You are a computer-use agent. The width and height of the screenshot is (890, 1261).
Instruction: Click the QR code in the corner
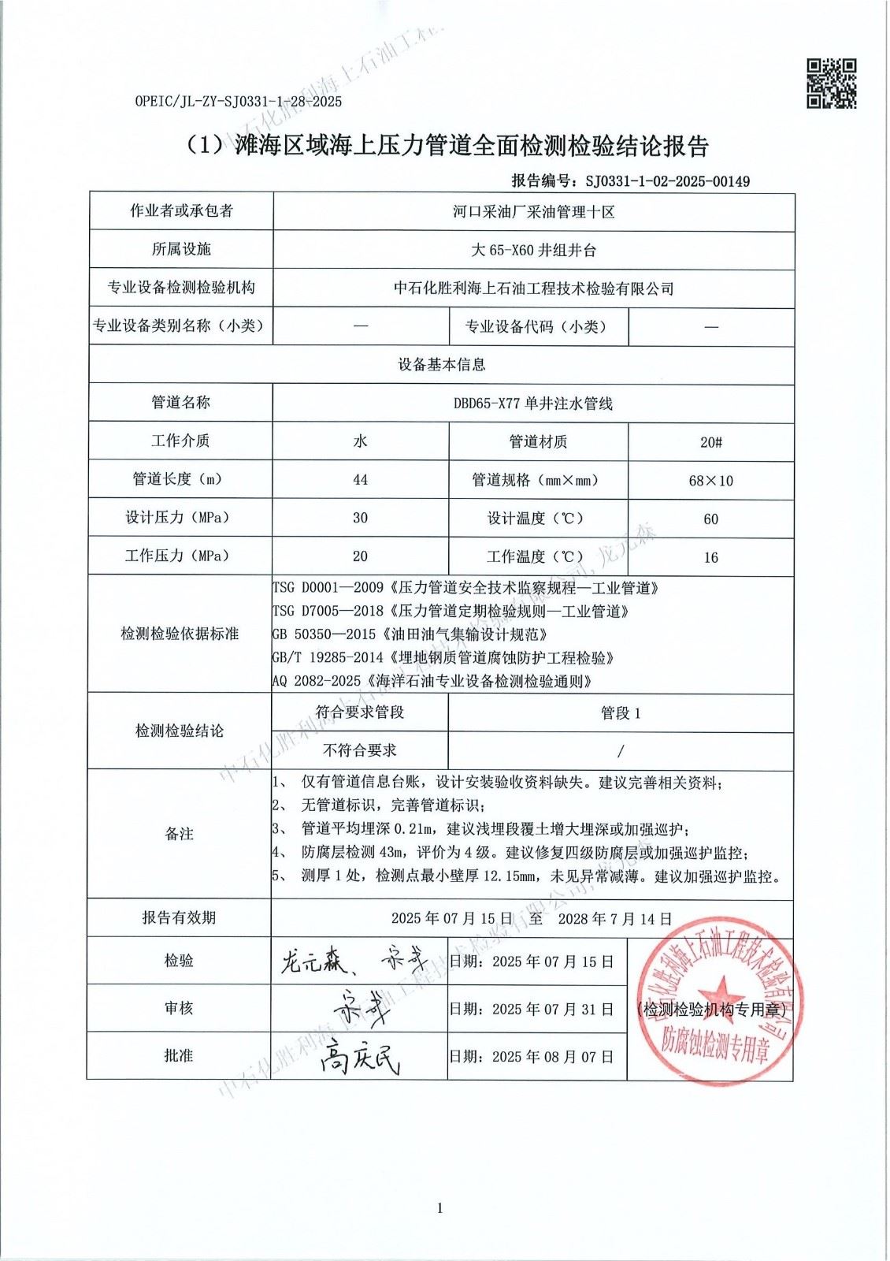point(832,83)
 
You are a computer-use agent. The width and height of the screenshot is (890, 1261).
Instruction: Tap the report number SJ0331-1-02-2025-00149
point(668,181)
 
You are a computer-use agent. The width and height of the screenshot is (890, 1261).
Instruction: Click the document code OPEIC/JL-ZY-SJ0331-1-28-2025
point(239,102)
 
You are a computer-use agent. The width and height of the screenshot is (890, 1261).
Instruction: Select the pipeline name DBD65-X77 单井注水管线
point(532,404)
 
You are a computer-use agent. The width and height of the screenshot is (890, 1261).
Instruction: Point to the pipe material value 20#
point(710,442)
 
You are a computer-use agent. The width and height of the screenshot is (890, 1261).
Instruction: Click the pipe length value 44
point(360,480)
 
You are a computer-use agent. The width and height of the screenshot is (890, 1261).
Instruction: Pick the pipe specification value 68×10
point(710,481)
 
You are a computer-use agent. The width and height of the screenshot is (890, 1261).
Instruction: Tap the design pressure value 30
point(360,519)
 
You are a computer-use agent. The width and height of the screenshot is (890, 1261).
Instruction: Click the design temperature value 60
point(710,519)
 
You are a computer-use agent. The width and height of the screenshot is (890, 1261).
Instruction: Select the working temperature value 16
point(710,558)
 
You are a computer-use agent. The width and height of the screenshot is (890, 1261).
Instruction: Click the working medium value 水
point(360,441)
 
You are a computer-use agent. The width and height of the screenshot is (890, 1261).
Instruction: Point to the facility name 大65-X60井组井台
point(533,251)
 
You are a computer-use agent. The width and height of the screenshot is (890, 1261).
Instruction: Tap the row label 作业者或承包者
point(181,211)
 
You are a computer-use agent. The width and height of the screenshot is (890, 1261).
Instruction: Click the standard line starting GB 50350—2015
point(410,634)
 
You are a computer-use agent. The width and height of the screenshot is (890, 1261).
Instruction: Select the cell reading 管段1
point(621,713)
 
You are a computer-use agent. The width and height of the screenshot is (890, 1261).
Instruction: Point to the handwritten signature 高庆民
point(361,1058)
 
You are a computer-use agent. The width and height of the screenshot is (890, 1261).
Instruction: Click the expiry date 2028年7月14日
point(614,919)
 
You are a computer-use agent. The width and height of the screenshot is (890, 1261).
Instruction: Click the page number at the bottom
point(439,1208)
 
